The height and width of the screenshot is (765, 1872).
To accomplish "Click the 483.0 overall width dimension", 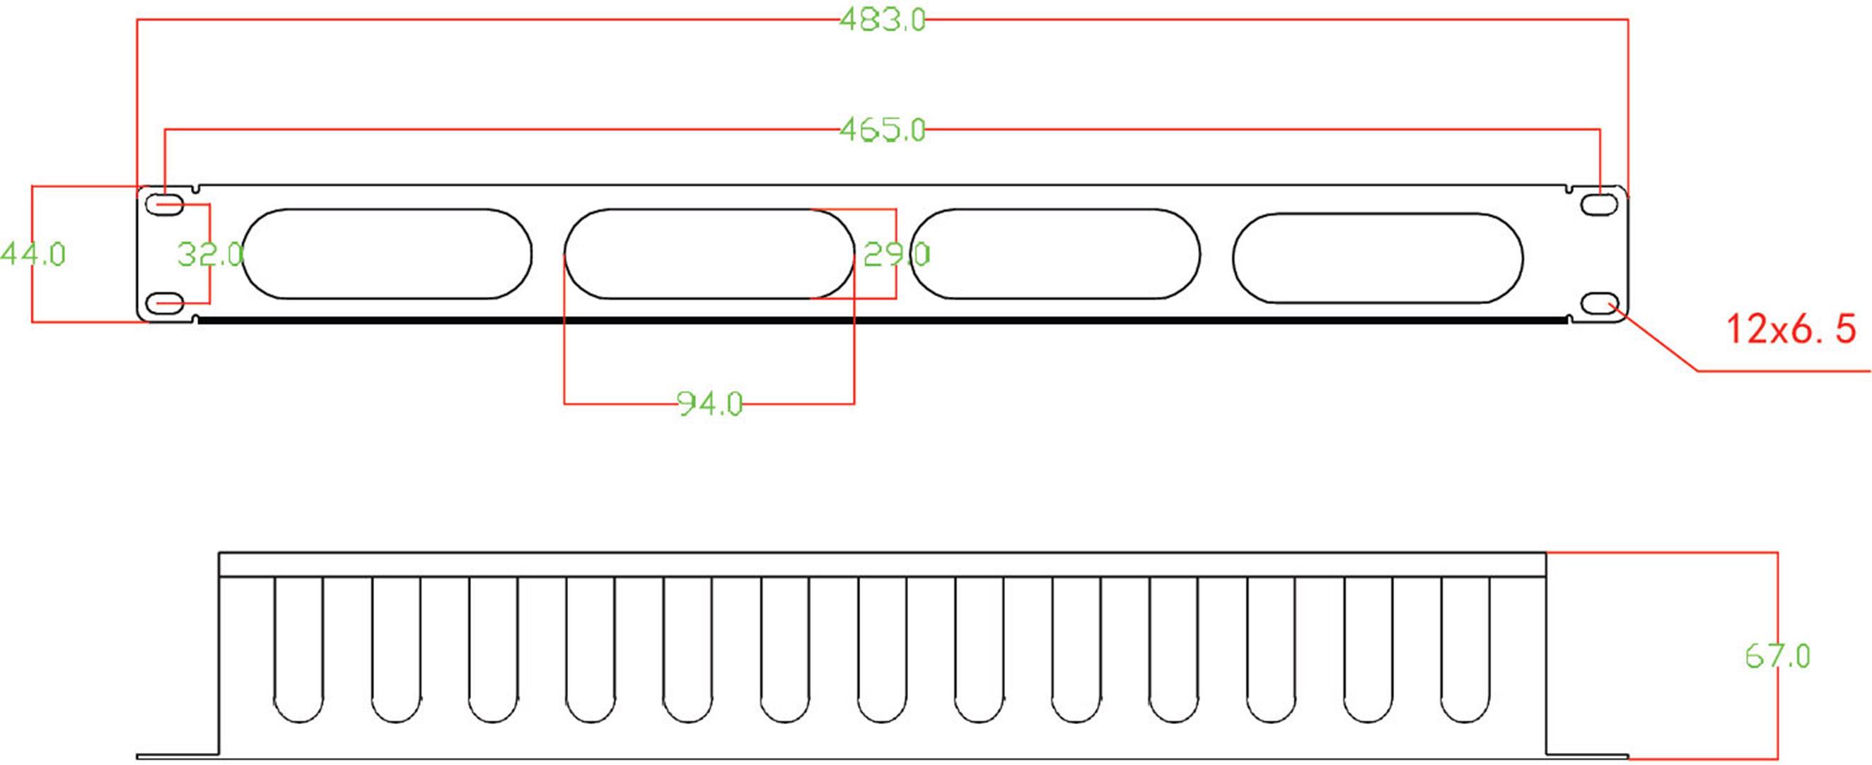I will pos(882,20).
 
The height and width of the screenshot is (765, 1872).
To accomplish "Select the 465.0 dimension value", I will pos(882,130).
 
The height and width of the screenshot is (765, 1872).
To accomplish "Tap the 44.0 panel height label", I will pos(33,255).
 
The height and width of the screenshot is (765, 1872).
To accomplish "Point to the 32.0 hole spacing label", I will pos(210,255).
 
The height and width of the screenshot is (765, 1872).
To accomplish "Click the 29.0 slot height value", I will pos(896,255).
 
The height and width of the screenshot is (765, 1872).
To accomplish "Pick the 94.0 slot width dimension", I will pos(709,403).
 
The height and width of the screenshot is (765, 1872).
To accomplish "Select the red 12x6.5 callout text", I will pos(1790,329).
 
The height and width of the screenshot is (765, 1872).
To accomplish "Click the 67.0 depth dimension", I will pos(1777,657).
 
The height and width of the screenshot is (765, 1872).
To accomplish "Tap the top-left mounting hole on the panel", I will pos(165,205).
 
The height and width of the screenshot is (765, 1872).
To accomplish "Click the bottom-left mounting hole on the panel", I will pos(165,302).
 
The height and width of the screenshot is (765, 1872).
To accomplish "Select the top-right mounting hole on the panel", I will pos(1600,204).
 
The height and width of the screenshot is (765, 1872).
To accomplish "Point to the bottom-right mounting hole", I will pos(1600,303).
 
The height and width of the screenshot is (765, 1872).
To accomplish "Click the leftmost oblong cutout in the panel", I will pos(387,254).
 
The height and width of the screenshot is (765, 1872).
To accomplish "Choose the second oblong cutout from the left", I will pos(709,254).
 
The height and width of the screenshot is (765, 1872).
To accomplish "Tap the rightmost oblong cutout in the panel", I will pos(1377,258).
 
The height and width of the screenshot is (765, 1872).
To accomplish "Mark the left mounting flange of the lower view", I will pos(178,755).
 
